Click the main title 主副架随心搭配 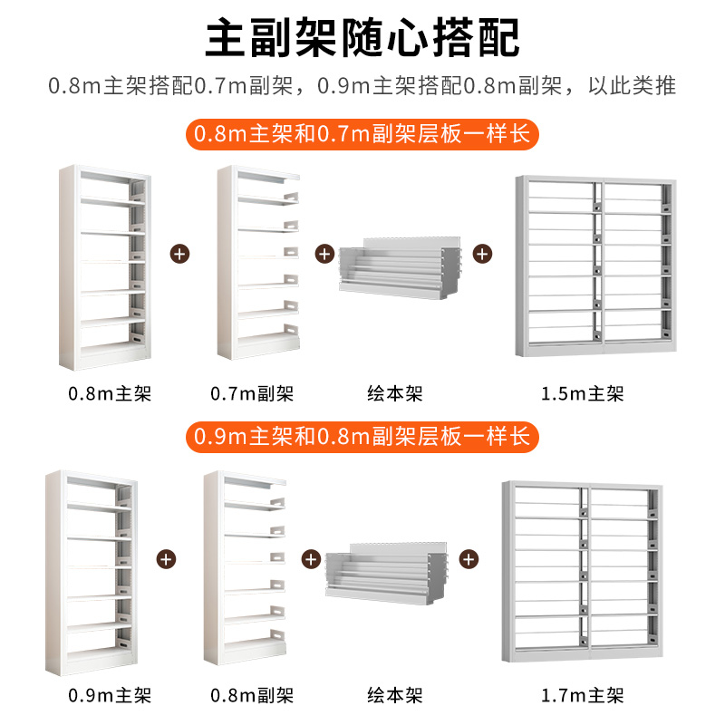[x=362, y=38]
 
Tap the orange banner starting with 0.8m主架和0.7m [x=362, y=135]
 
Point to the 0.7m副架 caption [x=251, y=394]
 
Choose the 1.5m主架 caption [x=594, y=394]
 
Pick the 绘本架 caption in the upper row [x=395, y=394]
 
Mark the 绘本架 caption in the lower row [x=395, y=696]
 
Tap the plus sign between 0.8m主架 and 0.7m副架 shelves [x=179, y=254]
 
